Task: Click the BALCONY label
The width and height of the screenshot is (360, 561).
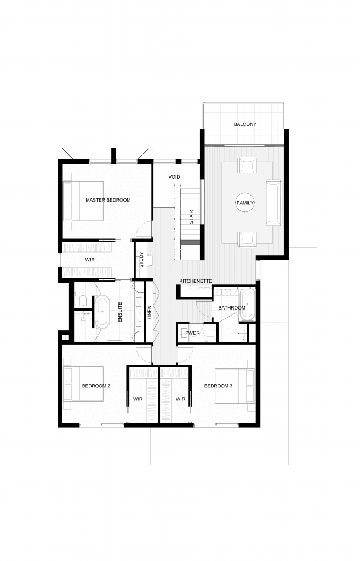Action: [245, 124]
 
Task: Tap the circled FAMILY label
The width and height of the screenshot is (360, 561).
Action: [245, 203]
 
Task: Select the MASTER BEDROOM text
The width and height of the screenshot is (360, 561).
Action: [108, 200]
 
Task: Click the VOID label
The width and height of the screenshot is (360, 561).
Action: [174, 177]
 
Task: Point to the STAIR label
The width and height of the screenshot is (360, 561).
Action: [191, 217]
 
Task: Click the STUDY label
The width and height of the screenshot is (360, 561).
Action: [141, 260]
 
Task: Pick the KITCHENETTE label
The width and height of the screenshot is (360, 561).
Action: [196, 281]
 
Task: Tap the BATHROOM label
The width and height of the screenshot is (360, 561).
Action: [232, 308]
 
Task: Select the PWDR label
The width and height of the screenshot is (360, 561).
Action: [192, 333]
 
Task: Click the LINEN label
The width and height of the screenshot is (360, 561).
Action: [150, 313]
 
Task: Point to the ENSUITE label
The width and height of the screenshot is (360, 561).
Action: [120, 312]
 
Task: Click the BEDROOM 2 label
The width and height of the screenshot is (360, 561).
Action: [96, 386]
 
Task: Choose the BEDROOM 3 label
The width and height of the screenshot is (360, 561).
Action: [218, 386]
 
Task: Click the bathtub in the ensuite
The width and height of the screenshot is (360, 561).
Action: [102, 311]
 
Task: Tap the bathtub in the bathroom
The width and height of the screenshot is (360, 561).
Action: [247, 305]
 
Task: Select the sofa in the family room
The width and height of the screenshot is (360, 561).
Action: [273, 203]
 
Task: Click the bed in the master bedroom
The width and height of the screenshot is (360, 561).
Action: [83, 201]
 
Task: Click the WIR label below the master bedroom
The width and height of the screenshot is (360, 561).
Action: [90, 260]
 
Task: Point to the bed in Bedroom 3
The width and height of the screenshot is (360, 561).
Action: [235, 386]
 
